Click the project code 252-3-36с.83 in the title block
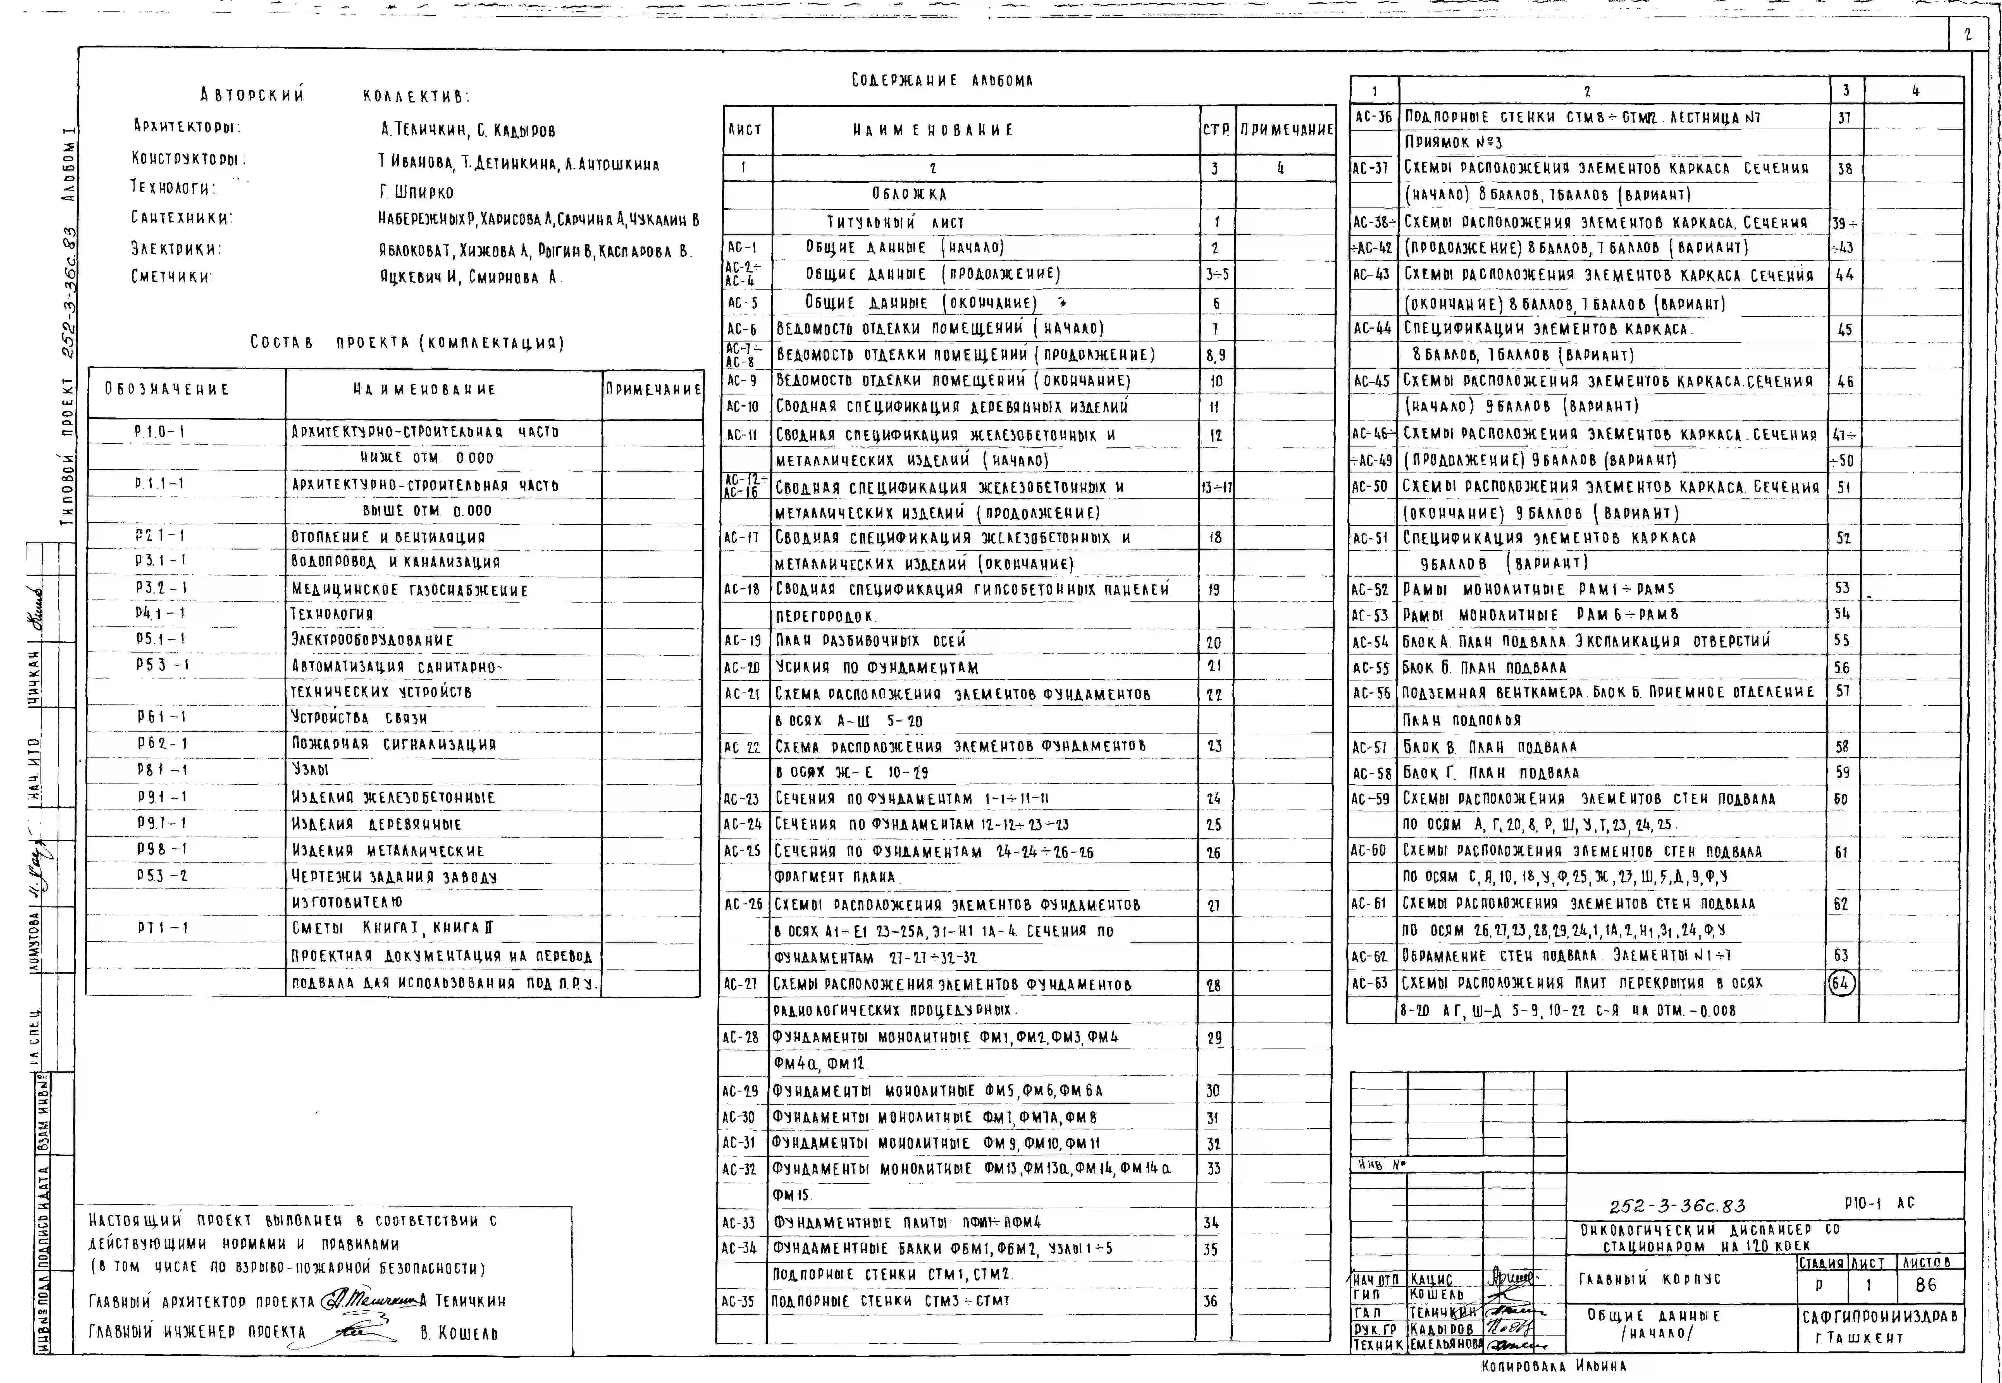tap(1677, 1205)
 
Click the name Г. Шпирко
tap(416, 192)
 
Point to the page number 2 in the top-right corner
tap(1967, 35)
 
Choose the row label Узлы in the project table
tap(310, 770)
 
